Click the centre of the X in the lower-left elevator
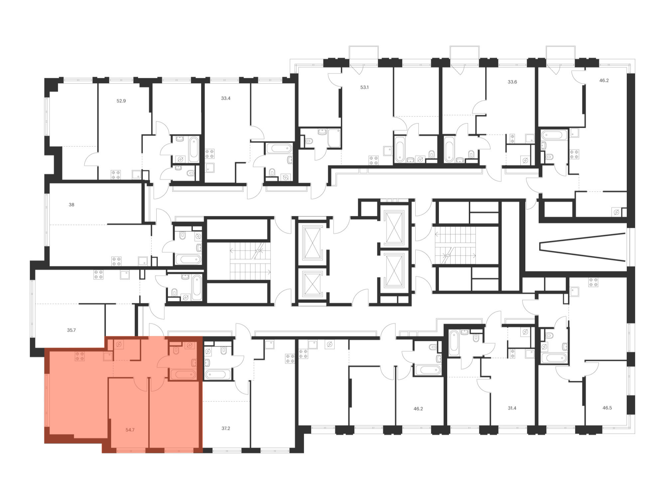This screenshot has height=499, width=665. [313, 284]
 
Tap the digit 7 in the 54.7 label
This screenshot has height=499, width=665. [133, 430]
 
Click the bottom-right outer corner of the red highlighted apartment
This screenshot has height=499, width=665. [203, 453]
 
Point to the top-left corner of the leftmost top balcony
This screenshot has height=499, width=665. [349, 46]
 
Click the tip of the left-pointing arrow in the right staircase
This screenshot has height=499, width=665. [436, 234]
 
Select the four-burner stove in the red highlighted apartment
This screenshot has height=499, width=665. [79, 356]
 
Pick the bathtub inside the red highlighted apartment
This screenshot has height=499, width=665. [183, 374]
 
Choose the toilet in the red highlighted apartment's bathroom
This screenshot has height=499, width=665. [176, 351]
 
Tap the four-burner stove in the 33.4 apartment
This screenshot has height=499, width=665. [209, 154]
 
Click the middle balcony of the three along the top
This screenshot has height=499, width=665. [465, 53]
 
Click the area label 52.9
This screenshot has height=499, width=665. [121, 101]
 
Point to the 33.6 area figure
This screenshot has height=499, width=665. [512, 82]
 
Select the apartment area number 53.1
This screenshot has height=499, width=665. [364, 87]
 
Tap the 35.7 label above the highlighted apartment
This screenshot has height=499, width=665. [71, 330]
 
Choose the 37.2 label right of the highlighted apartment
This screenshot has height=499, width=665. [226, 428]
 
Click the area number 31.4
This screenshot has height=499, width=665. [512, 408]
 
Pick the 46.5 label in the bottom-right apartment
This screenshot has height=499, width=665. [607, 408]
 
